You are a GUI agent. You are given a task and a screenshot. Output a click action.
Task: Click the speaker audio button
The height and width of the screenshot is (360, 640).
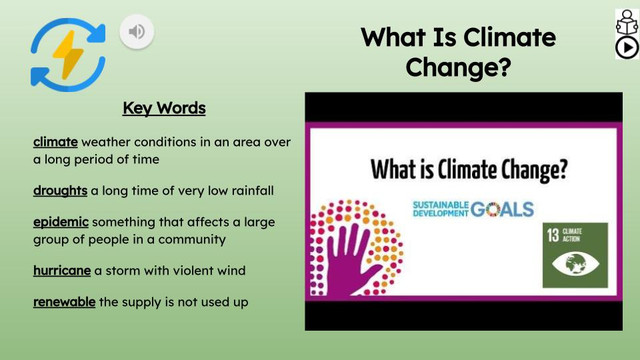(137, 32)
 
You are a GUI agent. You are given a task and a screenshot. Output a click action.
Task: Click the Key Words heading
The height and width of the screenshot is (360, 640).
(164, 108)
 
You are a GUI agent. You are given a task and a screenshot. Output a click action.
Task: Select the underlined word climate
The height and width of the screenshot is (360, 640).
(55, 141)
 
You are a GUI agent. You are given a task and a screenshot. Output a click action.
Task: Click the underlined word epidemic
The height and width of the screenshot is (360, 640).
(61, 222)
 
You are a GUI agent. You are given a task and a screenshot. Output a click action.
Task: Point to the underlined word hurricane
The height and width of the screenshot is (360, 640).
(62, 271)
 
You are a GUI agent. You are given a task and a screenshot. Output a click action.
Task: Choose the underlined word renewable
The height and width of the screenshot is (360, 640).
(64, 302)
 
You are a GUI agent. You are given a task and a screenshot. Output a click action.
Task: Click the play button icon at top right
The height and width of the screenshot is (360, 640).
(626, 47)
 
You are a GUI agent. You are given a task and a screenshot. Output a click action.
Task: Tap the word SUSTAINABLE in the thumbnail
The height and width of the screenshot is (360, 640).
(440, 205)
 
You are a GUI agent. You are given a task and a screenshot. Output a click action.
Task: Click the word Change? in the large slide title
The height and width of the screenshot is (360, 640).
(458, 68)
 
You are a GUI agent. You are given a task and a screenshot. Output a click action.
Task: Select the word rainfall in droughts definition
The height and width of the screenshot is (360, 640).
(249, 190)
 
